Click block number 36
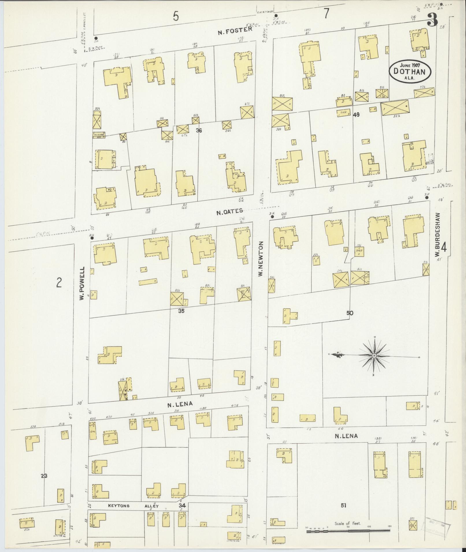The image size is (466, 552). (x=198, y=130)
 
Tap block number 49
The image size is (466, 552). (x=356, y=115)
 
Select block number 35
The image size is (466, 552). (x=181, y=311)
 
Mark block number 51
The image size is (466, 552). (x=343, y=505)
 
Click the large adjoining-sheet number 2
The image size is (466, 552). (x=59, y=283)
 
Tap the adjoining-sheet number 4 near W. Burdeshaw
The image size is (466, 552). (x=444, y=248)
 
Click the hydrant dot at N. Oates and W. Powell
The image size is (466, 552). (x=92, y=238)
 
